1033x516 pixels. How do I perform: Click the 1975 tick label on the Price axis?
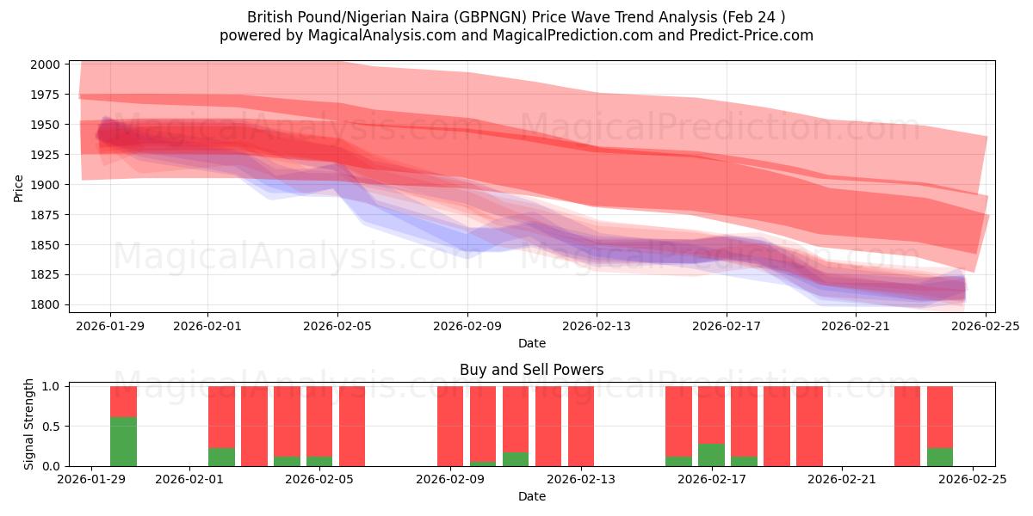pyautogui.click(x=46, y=95)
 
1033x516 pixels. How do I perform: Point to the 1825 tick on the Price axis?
pyautogui.click(x=46, y=275)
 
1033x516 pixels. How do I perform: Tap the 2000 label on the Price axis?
pyautogui.click(x=46, y=64)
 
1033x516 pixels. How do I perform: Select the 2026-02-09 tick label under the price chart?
pyautogui.click(x=467, y=326)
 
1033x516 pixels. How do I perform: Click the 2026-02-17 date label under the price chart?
pyautogui.click(x=726, y=326)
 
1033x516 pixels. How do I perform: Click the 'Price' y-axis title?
pyautogui.click(x=19, y=187)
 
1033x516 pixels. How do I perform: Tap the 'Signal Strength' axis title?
pyautogui.click(x=29, y=424)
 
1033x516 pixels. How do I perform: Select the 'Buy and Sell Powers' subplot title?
pyautogui.click(x=531, y=371)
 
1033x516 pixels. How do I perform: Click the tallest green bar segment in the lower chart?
pyautogui.click(x=123, y=441)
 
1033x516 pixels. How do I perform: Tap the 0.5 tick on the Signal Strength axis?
pyautogui.click(x=51, y=427)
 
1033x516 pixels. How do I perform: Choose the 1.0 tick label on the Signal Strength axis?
pyautogui.click(x=51, y=386)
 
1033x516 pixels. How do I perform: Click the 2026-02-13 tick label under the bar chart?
pyautogui.click(x=581, y=480)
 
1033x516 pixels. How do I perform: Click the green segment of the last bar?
pyautogui.click(x=940, y=457)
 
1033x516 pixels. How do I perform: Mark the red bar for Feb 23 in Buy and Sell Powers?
pyautogui.click(x=907, y=426)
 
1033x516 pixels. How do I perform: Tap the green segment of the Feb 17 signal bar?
pyautogui.click(x=711, y=455)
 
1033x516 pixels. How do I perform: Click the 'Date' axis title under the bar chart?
pyautogui.click(x=531, y=497)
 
